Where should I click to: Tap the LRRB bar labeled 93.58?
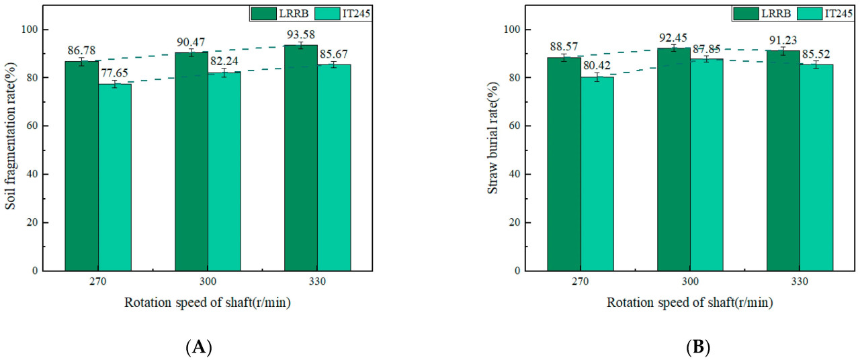tap(301, 158)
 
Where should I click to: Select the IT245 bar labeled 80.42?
tap(597, 173)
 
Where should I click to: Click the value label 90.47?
tap(191, 42)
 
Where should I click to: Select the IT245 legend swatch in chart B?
tap(806, 13)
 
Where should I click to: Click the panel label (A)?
tap(199, 348)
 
